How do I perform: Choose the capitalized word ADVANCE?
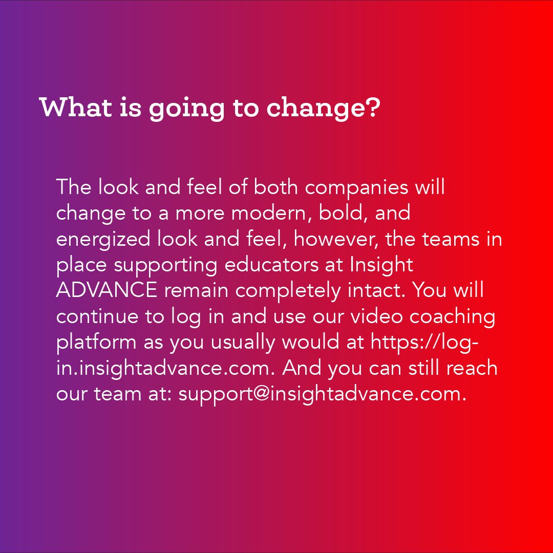(107, 291)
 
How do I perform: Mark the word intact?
(377, 291)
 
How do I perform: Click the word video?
(376, 316)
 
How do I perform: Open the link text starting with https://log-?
(425, 343)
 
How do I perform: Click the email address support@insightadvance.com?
(322, 394)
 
